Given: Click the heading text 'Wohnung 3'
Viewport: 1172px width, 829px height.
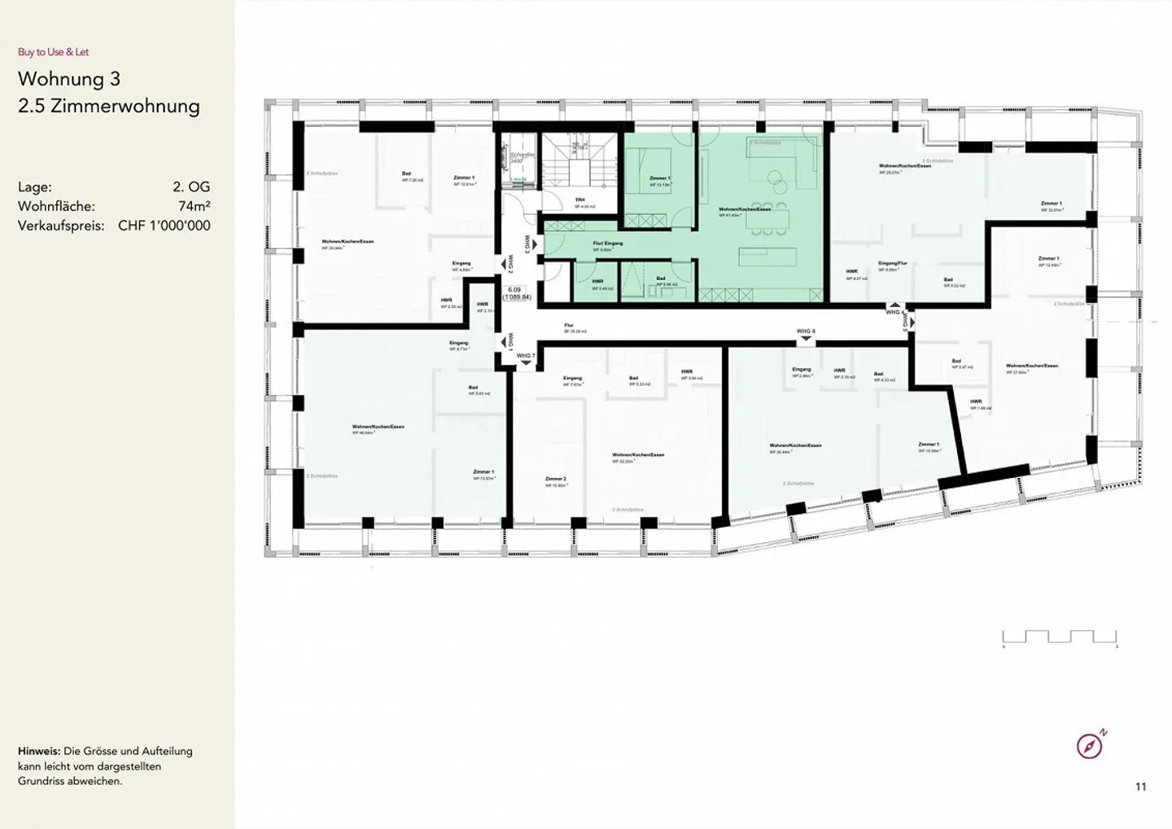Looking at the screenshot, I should pos(69,79).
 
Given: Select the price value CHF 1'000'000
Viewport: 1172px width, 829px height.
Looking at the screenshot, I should pos(164,226).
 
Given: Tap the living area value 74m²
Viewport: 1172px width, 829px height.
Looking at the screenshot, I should pos(195,206).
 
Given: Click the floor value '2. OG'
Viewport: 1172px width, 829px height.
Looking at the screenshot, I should pos(191,186).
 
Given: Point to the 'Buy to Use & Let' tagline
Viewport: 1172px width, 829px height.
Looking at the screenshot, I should pos(53,52).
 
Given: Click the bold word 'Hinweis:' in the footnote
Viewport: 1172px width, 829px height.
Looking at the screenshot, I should pos(38,751).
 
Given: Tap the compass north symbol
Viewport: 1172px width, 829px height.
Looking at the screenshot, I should pos(1091,744).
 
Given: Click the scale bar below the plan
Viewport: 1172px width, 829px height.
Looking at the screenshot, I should pos(1060,638).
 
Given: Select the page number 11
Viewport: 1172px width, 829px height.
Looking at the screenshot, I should pos(1140,787).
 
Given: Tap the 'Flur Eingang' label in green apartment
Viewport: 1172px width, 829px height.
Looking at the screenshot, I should pos(607,243).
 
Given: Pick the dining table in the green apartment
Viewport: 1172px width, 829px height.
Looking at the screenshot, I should pos(770,217).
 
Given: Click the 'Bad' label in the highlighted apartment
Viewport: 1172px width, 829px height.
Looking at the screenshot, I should pos(661,279).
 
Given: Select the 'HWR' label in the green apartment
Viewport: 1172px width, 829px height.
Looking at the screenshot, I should pos(597,282).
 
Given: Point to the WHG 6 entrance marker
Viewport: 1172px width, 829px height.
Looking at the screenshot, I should pos(805,332).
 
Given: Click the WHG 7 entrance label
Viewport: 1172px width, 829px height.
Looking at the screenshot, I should pos(526,356).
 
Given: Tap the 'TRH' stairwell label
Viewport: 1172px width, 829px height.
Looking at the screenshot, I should pos(579,200).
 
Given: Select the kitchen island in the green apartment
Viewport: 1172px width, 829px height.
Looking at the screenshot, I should pos(767,257).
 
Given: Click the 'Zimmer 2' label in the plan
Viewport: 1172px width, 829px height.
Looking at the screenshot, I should pos(555,479).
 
